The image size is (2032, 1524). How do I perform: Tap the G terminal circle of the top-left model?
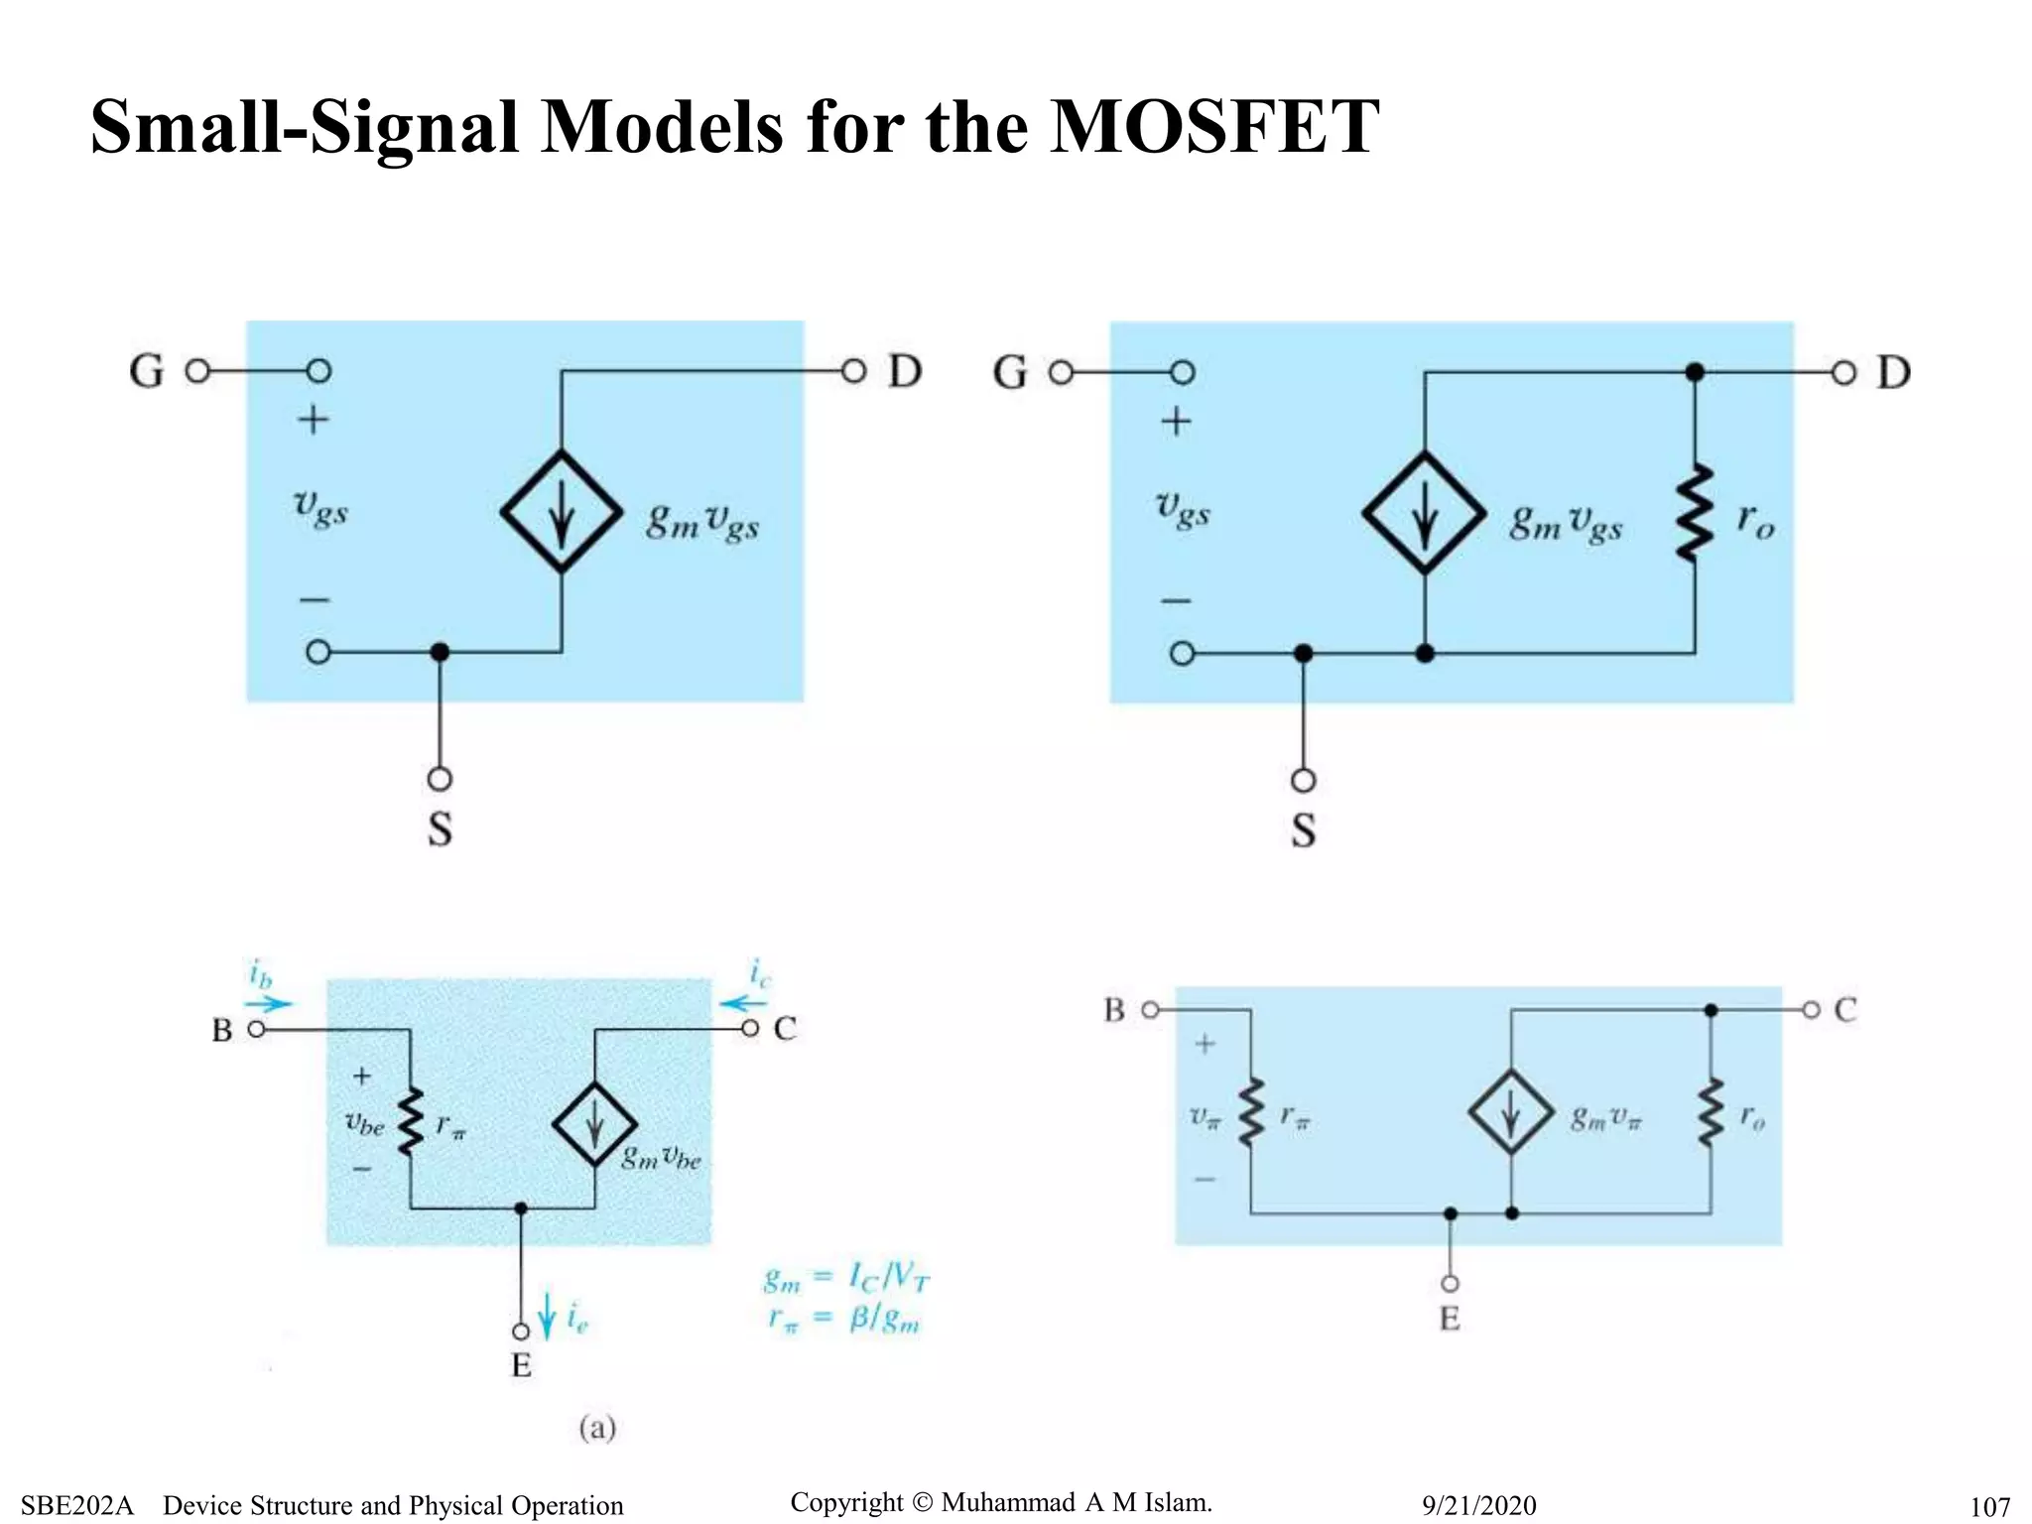coord(197,371)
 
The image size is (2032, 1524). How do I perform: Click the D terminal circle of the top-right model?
coord(1843,373)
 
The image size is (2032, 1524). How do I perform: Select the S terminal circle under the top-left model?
coord(440,779)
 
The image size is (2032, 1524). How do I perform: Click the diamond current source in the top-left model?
coord(562,512)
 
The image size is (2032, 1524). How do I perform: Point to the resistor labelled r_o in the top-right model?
coord(1695,513)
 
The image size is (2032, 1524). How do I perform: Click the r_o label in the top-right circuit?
coord(1755,520)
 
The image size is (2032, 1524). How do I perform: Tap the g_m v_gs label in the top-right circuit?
coord(1566,522)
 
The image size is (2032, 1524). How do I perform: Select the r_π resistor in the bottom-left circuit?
coord(410,1122)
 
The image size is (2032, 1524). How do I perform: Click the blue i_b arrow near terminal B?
coord(269,1002)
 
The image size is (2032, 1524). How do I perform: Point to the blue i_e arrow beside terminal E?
coord(547,1316)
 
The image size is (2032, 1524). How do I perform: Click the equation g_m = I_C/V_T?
coord(846,1278)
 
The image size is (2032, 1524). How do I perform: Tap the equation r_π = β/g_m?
coord(844,1320)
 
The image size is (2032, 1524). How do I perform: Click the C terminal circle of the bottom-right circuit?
coord(1811,1010)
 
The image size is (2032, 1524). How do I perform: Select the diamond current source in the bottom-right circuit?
coord(1510,1111)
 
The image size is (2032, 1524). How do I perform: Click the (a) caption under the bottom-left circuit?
coord(597,1428)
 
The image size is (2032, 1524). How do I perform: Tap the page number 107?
coord(1989,1507)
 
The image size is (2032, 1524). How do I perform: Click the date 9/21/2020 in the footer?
coord(1478,1505)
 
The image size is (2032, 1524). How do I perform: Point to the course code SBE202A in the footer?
coord(76,1505)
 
